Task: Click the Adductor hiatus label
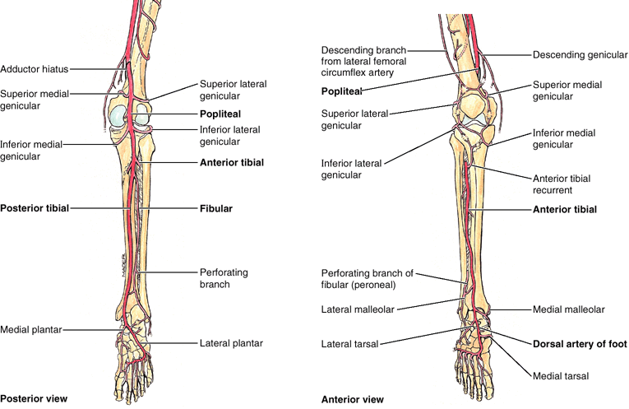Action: coord(35,68)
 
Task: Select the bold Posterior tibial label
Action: coord(34,209)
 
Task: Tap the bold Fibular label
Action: coord(216,209)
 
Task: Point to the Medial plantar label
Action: coord(30,329)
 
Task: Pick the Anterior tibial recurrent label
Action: coord(562,184)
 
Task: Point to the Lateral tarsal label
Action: coord(349,345)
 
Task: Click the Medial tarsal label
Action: coord(556,376)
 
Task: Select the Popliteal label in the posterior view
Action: coord(220,113)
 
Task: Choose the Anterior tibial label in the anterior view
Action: coord(565,209)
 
